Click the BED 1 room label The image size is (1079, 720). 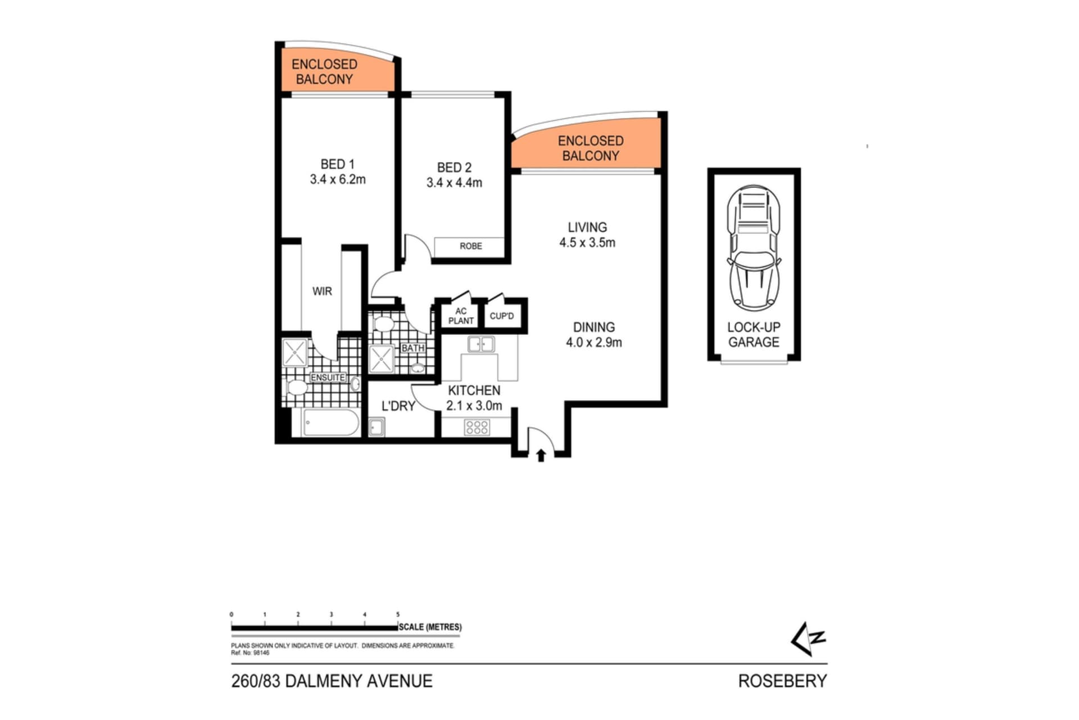pyautogui.click(x=337, y=164)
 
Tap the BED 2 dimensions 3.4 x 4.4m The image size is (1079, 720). pyautogui.click(x=454, y=183)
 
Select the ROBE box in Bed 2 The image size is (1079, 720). pyautogui.click(x=470, y=246)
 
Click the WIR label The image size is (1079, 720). pyautogui.click(x=322, y=291)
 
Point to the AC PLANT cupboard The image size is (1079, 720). pyautogui.click(x=461, y=316)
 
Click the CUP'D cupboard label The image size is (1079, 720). pyautogui.click(x=501, y=316)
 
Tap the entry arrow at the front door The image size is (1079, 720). pyautogui.click(x=541, y=455)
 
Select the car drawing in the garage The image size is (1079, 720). pyautogui.click(x=754, y=247)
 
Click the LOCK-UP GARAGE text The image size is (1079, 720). pyautogui.click(x=754, y=335)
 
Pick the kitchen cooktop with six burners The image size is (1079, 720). pyautogui.click(x=477, y=427)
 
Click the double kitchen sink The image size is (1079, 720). pyautogui.click(x=481, y=344)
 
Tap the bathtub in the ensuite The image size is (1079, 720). pyautogui.click(x=331, y=422)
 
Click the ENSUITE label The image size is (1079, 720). pyautogui.click(x=328, y=377)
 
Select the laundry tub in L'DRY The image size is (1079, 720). pyautogui.click(x=376, y=427)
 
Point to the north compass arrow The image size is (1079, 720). pyautogui.click(x=808, y=639)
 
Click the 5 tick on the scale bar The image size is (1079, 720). pyautogui.click(x=398, y=615)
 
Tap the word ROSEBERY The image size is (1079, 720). pyautogui.click(x=782, y=681)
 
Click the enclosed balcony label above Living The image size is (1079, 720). pyautogui.click(x=590, y=148)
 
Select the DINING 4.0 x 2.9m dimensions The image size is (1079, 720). pyautogui.click(x=593, y=343)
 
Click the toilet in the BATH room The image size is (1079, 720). pyautogui.click(x=383, y=324)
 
